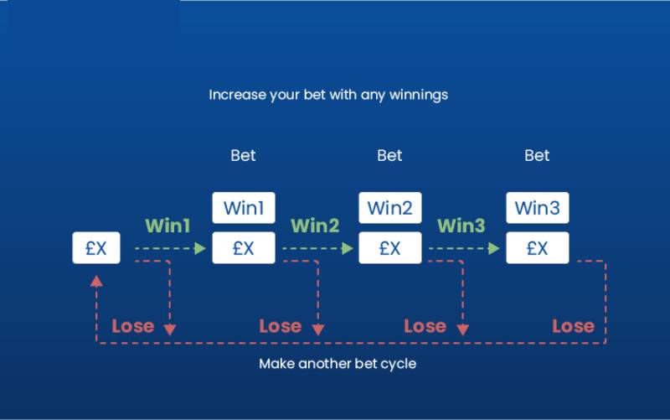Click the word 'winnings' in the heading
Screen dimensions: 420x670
(x=418, y=95)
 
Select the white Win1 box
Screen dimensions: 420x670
(x=243, y=207)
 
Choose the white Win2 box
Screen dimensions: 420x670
(x=389, y=207)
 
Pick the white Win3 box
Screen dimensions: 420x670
(x=537, y=207)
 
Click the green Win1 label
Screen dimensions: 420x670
(x=167, y=226)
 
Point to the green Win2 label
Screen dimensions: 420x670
(x=315, y=226)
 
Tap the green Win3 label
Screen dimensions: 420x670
(x=461, y=226)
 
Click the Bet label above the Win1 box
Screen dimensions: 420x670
(x=243, y=155)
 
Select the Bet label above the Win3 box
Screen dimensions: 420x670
(x=537, y=155)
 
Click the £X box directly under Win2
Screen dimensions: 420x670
(x=389, y=248)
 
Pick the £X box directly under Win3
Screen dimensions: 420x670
(x=537, y=248)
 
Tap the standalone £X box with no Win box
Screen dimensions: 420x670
(x=96, y=248)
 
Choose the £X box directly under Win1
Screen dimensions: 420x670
(x=243, y=248)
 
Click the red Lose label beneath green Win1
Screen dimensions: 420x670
(x=133, y=326)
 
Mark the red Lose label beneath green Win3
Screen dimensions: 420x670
(x=425, y=326)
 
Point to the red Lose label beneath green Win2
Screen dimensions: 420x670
(x=280, y=326)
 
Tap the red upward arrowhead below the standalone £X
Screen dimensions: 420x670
(x=96, y=281)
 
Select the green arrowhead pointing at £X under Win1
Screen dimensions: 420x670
(x=199, y=248)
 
